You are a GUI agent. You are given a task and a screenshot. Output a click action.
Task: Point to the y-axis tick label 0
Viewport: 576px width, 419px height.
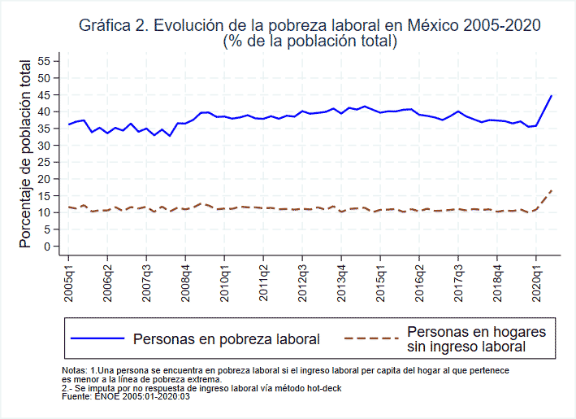[47, 246]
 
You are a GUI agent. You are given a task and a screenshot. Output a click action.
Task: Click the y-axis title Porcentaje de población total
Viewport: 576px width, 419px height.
[26, 154]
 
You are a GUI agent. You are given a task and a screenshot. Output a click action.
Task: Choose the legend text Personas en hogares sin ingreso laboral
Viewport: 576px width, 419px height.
[475, 339]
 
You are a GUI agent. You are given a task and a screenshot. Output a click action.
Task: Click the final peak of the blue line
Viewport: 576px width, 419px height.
[552, 96]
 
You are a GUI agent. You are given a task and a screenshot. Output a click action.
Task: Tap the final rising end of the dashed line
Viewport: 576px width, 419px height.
[552, 190]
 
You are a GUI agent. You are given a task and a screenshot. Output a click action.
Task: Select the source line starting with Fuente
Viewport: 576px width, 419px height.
[126, 396]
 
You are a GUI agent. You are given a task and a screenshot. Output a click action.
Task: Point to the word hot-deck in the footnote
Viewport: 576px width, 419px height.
[320, 388]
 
